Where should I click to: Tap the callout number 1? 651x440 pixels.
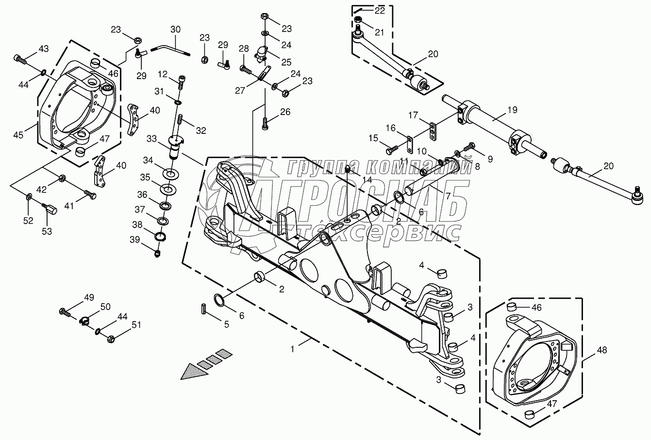292,348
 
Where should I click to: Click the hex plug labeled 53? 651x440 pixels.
50,209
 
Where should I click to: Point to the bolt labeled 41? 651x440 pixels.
90,196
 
